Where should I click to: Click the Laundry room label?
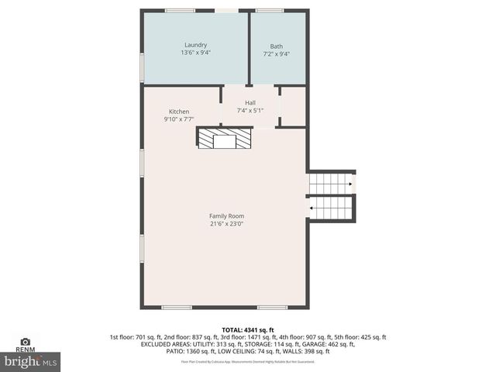195,45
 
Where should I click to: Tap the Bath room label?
277,46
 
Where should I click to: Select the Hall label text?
250,103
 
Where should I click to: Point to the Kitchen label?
178,112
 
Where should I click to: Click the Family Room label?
226,215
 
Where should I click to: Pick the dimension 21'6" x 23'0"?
226,224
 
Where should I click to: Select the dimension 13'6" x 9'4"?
195,53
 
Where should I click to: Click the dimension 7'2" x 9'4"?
277,53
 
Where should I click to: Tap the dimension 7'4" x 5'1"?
250,111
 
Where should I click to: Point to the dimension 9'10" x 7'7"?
178,119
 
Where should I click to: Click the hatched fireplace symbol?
224,139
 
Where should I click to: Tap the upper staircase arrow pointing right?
350,184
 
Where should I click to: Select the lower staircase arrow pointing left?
312,208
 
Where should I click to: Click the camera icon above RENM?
25,341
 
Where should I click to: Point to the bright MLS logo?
31,361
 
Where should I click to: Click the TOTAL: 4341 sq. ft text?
247,329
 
